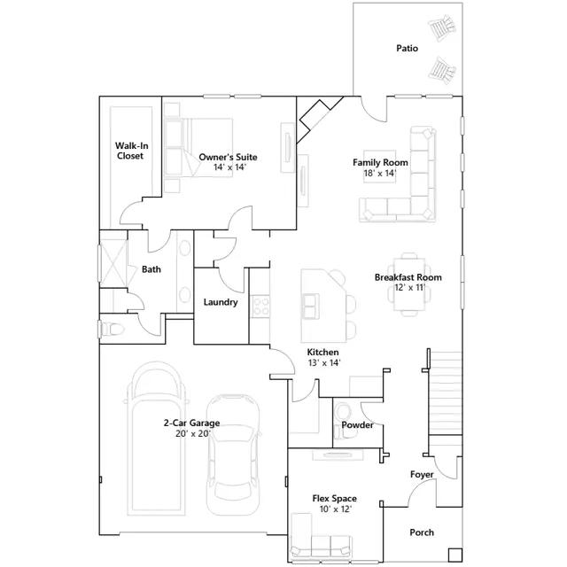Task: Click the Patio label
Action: (408, 48)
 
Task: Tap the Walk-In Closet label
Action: (131, 151)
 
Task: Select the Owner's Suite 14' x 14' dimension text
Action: (229, 167)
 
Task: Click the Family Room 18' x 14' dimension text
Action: (380, 174)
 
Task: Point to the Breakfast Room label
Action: (408, 277)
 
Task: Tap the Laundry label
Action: (221, 302)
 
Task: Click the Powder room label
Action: (357, 425)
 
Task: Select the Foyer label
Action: (422, 475)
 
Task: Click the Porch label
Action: (422, 532)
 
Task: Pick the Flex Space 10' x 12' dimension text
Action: (336, 509)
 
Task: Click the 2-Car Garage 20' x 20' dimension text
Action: (193, 433)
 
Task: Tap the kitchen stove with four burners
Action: (260, 307)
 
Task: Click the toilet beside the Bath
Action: (112, 329)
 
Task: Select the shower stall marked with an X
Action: (113, 263)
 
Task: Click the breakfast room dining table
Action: (409, 284)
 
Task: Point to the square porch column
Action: (454, 555)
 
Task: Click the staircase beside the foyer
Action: (445, 392)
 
